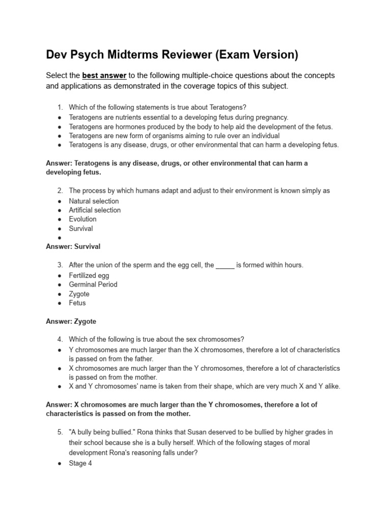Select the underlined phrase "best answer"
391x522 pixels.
pos(104,75)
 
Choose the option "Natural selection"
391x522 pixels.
pos(94,201)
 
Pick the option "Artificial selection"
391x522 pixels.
pos(95,210)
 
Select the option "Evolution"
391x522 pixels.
pos(82,219)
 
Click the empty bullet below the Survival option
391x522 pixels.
pos(60,238)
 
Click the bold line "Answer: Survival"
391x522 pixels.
pos(73,247)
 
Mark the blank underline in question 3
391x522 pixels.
pos(225,266)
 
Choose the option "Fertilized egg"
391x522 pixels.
pos(89,276)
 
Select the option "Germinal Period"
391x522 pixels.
pos(93,284)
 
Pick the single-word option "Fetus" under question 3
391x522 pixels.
pos(77,303)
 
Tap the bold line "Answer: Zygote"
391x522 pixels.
pos(71,322)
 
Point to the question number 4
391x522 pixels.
pos(60,340)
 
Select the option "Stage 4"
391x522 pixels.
pos(80,463)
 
